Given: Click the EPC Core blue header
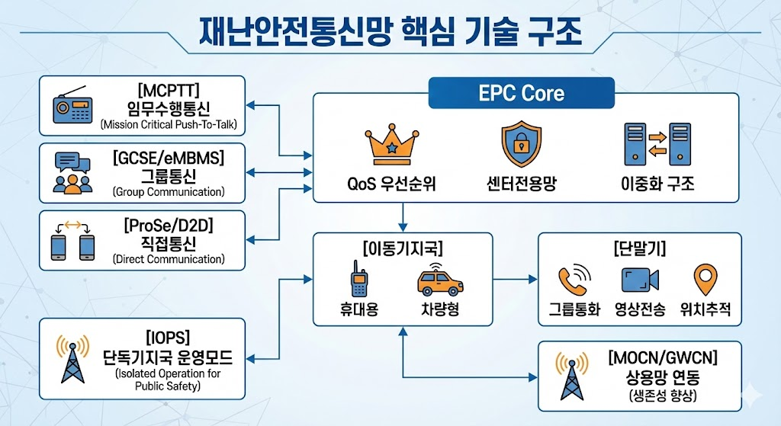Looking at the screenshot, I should point(522,94).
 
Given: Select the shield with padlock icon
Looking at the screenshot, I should point(520,144).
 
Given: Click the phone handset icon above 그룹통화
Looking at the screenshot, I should point(574,280).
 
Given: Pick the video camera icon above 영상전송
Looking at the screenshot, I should point(639,280).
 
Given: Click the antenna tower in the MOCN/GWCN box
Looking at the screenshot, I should point(571,376).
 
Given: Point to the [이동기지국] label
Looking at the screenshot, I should point(400,249).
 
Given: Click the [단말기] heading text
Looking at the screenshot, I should point(639,249).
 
